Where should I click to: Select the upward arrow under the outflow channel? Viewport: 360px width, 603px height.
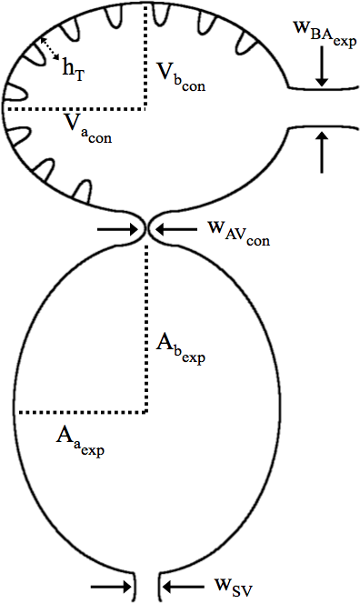pos(322,151)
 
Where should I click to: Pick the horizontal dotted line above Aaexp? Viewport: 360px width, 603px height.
pos(82,409)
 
